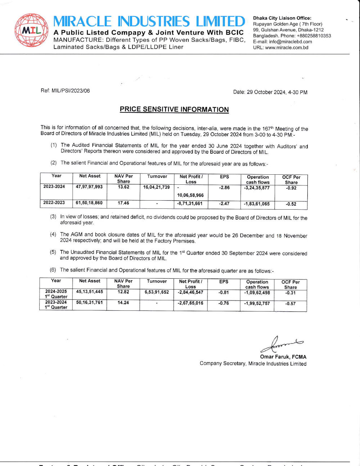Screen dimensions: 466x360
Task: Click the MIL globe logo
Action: (31, 30)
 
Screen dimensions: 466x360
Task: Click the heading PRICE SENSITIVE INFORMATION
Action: (174, 109)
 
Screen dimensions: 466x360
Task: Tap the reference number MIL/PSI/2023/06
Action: (71, 91)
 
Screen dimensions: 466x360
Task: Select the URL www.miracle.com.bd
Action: (287, 48)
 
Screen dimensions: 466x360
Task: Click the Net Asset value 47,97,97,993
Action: (89, 187)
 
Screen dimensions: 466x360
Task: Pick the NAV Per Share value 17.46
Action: (123, 203)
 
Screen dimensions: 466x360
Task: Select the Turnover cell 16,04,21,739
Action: (157, 187)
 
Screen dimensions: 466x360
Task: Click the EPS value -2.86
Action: (224, 188)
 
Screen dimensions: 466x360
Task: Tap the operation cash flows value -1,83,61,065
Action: (257, 204)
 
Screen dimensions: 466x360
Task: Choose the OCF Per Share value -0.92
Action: (291, 188)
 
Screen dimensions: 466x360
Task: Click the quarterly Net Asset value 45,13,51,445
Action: (90, 292)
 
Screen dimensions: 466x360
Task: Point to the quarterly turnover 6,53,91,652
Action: (157, 292)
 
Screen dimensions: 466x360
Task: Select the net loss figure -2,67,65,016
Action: (190, 303)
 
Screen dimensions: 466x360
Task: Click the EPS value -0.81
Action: (224, 292)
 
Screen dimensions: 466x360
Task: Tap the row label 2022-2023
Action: (54, 203)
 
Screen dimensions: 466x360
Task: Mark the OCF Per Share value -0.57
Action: (290, 304)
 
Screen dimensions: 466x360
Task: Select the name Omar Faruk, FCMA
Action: (283, 357)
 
